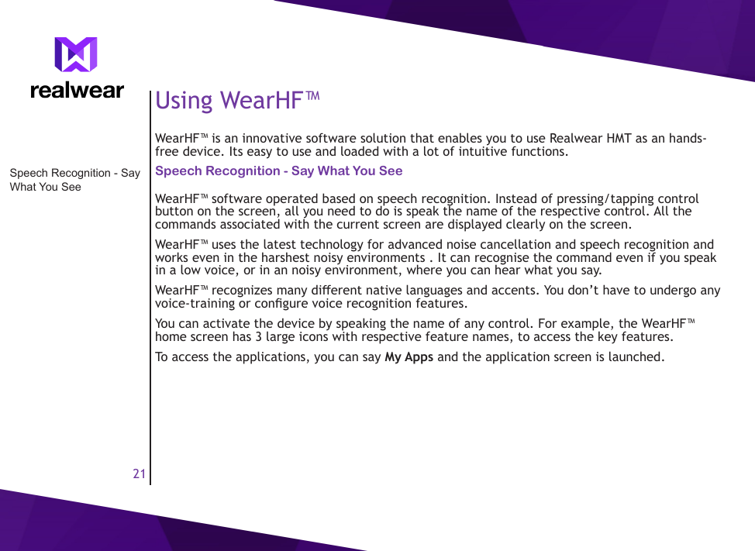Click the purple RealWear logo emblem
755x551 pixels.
[x=76, y=55]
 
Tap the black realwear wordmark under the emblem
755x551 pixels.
[x=77, y=91]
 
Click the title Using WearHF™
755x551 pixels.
[x=237, y=100]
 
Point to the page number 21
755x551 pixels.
[x=139, y=474]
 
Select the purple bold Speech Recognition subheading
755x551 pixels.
[x=278, y=170]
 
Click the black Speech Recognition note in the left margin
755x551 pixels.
[x=74, y=180]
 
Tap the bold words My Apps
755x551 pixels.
[x=409, y=357]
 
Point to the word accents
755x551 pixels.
[x=515, y=291]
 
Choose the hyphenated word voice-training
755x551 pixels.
[x=193, y=303]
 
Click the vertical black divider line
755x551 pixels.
[x=150, y=310]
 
